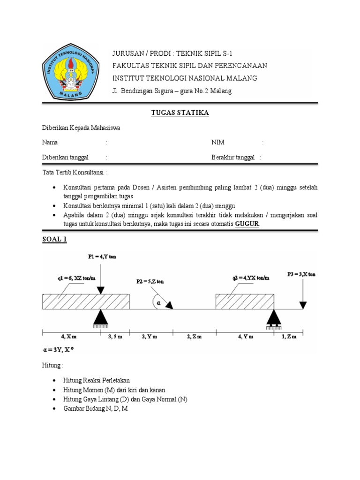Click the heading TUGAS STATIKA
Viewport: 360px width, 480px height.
point(180,113)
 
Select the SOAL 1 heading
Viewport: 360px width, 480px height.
point(55,240)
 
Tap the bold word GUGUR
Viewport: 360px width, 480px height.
point(247,224)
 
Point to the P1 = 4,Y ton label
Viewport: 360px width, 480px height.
point(103,257)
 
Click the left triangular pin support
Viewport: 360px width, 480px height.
point(101,319)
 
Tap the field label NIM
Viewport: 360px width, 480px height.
point(218,142)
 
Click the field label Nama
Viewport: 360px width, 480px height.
point(50,142)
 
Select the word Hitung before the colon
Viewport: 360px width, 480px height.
point(51,366)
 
